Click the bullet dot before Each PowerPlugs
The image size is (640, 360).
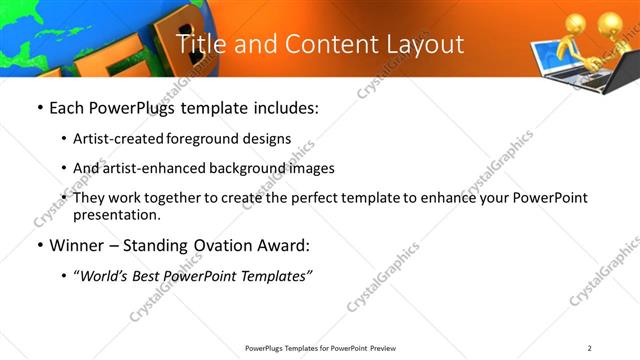39,106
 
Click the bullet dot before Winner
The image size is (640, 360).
39,245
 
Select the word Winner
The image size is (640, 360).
78,245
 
